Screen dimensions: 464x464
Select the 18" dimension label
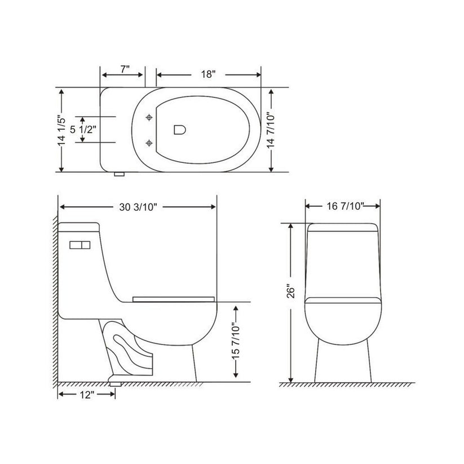[x=208, y=74]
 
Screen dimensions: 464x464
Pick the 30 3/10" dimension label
[x=138, y=207]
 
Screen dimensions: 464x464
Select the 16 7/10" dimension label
[x=342, y=207]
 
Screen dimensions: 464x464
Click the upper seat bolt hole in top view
[x=149, y=117]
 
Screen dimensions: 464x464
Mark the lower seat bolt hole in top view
[x=149, y=142]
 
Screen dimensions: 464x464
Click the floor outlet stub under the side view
[x=116, y=382]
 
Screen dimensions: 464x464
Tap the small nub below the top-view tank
[x=119, y=174]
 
